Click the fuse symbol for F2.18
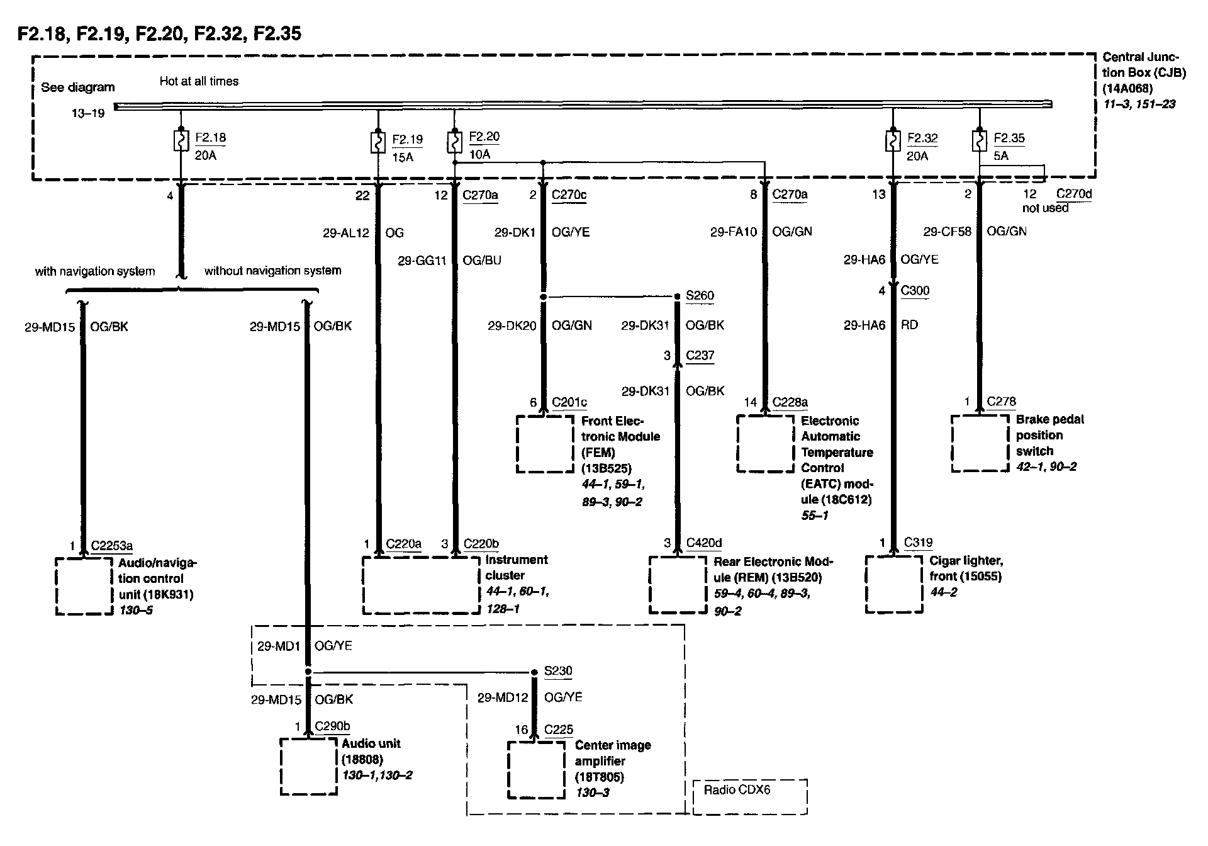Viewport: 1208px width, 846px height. tap(181, 140)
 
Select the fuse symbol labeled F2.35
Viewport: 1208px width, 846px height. tap(979, 140)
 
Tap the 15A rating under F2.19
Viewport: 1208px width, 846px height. tap(403, 157)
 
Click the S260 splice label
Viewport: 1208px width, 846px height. tap(700, 296)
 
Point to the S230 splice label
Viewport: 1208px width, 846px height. tap(558, 671)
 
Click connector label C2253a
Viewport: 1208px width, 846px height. tap(112, 546)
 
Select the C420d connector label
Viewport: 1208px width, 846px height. tap(703, 543)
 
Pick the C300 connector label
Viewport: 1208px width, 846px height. tap(915, 291)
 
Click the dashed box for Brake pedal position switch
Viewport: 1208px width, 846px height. tap(979, 443)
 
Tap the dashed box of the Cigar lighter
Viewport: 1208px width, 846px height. tap(894, 584)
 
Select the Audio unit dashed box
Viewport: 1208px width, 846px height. tap(308, 766)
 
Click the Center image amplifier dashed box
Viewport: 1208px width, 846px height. tap(536, 770)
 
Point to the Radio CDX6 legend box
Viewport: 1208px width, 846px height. tap(749, 797)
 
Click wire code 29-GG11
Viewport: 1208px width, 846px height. tap(422, 261)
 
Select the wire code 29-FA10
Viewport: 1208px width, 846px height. tap(734, 232)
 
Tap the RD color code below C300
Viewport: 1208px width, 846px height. tap(909, 325)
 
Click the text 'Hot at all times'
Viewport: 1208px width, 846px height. tap(199, 81)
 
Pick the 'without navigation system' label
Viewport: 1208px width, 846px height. tap(272, 271)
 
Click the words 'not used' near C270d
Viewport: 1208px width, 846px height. tap(1045, 208)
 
